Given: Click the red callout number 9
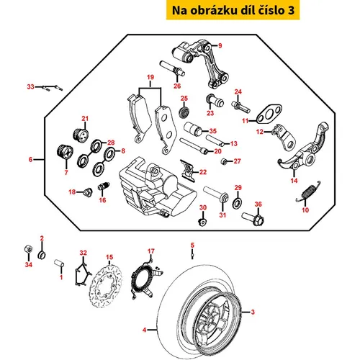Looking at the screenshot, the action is coord(220,45).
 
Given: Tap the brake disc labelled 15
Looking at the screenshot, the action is coord(106,287).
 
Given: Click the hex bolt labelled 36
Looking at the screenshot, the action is coord(253,217).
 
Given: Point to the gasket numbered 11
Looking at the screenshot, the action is coord(269,114).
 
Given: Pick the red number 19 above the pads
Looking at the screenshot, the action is coord(150,77).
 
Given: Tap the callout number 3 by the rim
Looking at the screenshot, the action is coord(253,312).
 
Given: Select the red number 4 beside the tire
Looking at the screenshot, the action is coord(144,330).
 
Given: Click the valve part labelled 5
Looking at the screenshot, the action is coord(192,254).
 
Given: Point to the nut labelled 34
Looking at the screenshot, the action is coord(28,248).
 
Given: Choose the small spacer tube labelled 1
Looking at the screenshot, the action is coord(59,263).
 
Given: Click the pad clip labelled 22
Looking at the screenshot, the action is coord(187,170).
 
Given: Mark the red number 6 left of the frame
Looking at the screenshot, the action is coord(30,159).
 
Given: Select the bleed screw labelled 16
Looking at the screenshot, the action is coord(104,186).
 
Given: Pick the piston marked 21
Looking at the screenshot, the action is coord(81,135).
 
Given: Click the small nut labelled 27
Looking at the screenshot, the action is coord(224,161).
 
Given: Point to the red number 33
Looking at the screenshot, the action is coord(30,86).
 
